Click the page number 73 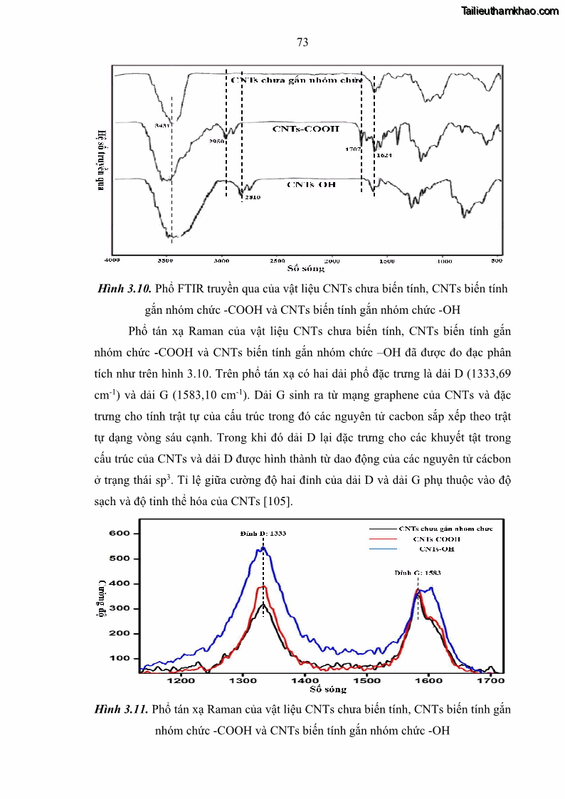click(302, 43)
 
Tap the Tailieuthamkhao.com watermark click(510, 11)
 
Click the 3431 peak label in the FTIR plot click(161, 126)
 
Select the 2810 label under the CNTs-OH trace click(251, 197)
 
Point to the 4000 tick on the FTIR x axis click(112, 260)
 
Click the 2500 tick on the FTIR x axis click(278, 260)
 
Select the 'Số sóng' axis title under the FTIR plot click(306, 268)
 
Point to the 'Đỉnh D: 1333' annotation click(263, 533)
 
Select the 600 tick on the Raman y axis click(119, 533)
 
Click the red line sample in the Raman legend click(383, 539)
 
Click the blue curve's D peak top click(263, 549)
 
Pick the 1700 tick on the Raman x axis click(491, 680)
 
